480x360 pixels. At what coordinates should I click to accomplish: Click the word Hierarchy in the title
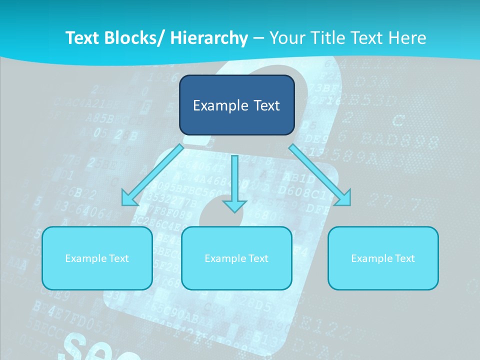click(x=209, y=37)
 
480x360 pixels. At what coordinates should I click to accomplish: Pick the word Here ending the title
click(x=408, y=37)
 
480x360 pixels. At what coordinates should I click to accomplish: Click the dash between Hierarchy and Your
click(x=258, y=38)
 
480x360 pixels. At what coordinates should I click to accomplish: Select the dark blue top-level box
click(x=236, y=105)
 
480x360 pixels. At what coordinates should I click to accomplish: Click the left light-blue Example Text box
click(x=97, y=258)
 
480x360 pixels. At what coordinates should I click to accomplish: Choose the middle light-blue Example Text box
click(x=236, y=258)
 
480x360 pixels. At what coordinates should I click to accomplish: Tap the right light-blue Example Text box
click(x=383, y=258)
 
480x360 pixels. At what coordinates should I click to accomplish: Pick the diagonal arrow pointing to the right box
click(x=320, y=175)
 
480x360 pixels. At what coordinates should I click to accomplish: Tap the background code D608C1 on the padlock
click(x=300, y=191)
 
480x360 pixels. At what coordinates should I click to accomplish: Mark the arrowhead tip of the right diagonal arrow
click(x=349, y=204)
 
